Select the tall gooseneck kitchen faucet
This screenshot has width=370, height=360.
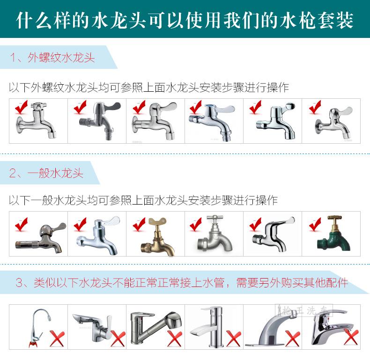click(x=38, y=328)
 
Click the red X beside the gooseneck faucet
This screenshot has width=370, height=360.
click(x=57, y=339)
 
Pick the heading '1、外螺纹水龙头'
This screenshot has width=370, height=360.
click(x=52, y=57)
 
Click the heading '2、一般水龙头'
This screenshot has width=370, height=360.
click(x=46, y=173)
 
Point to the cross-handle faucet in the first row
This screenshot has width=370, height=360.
click(x=36, y=120)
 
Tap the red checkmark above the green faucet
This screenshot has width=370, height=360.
click(x=315, y=224)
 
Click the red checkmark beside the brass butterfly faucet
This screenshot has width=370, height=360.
click(x=139, y=224)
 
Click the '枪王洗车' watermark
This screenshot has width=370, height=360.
click(x=304, y=310)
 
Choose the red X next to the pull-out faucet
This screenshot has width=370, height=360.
click(x=174, y=339)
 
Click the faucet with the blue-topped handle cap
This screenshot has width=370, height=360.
click(x=212, y=122)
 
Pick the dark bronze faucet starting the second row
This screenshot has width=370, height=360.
click(x=41, y=238)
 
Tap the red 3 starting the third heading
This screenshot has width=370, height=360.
click(x=19, y=283)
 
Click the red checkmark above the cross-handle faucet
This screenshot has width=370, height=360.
click(x=21, y=107)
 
